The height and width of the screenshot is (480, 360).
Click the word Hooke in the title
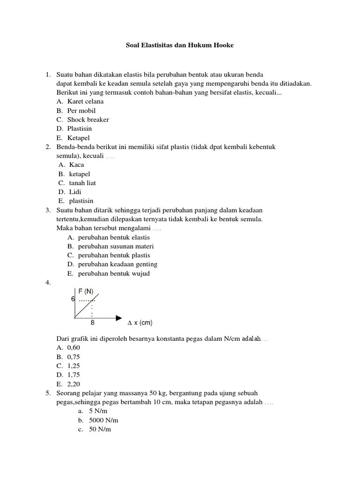[222, 45]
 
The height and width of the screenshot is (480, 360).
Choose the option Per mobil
[81, 111]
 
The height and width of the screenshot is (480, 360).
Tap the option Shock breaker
[88, 120]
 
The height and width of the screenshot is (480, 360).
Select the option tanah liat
[82, 183]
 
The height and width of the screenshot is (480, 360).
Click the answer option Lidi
[75, 192]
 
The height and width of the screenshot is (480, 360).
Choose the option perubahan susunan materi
[116, 246]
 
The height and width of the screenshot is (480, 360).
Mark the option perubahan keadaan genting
[118, 264]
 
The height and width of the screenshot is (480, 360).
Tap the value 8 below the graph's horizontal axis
[92, 323]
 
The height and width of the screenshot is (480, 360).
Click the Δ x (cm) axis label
[140, 323]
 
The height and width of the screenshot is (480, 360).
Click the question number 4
[47, 283]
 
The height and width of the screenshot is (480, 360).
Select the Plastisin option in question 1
[79, 128]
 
